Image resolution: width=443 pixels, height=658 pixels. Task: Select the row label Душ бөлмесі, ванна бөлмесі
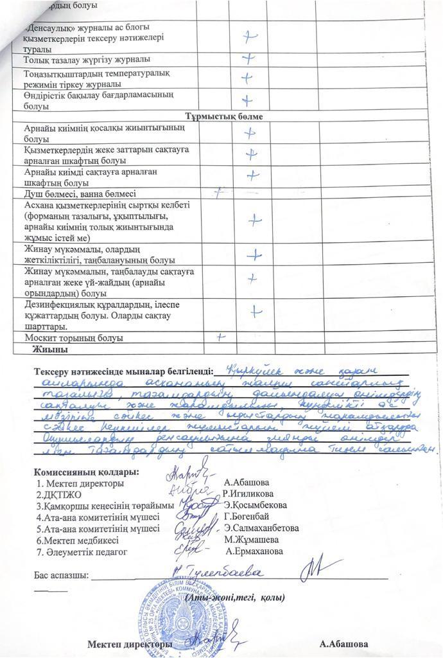click(x=80, y=193)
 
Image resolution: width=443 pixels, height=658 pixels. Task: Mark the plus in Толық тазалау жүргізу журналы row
click(x=247, y=60)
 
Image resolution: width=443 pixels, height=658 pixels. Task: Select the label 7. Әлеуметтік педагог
click(x=82, y=551)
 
